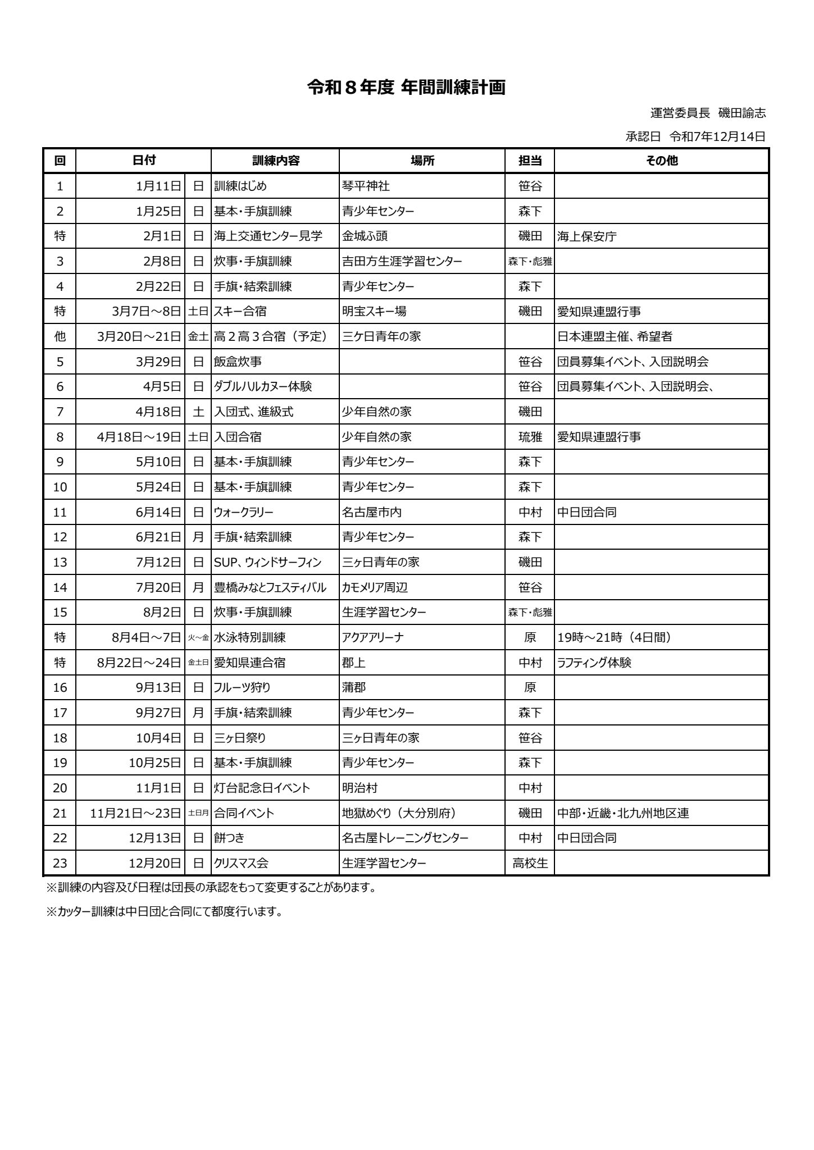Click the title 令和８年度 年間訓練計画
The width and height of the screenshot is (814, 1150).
406,88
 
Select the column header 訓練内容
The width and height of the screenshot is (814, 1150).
275,161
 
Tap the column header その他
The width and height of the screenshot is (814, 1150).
661,161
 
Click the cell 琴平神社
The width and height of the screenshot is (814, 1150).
366,186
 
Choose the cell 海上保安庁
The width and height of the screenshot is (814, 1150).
586,236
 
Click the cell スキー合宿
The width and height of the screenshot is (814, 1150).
240,312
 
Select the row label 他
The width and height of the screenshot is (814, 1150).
60,337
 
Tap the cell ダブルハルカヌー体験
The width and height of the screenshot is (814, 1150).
263,387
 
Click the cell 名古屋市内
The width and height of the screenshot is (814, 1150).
372,512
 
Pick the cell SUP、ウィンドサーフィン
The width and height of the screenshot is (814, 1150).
268,562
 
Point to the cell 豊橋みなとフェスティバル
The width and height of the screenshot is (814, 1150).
270,588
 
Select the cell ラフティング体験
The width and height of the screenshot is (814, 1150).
594,663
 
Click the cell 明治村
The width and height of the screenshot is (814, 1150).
360,788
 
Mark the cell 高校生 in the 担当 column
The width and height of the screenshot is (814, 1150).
530,864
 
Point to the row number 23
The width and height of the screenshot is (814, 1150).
60,864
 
